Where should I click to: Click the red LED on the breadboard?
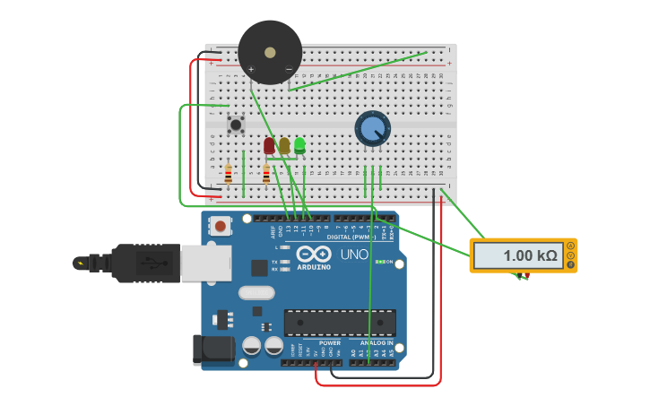(269, 144)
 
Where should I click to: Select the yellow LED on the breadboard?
(284, 144)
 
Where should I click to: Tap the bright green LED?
(299, 143)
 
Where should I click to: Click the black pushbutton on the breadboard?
(236, 125)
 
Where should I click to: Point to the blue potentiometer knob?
(372, 128)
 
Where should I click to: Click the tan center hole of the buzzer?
(270, 53)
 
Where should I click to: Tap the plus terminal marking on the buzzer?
(251, 69)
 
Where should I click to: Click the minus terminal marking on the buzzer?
(288, 69)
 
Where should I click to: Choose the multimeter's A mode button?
(571, 246)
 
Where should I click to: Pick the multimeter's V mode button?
(571, 255)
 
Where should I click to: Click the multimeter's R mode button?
(571, 265)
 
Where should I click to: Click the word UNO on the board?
(353, 255)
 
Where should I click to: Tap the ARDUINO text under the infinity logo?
(314, 267)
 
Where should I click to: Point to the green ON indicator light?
(380, 262)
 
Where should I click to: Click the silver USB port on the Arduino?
(205, 262)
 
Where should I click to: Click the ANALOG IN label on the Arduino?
(377, 342)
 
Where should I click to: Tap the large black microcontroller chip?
(340, 323)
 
